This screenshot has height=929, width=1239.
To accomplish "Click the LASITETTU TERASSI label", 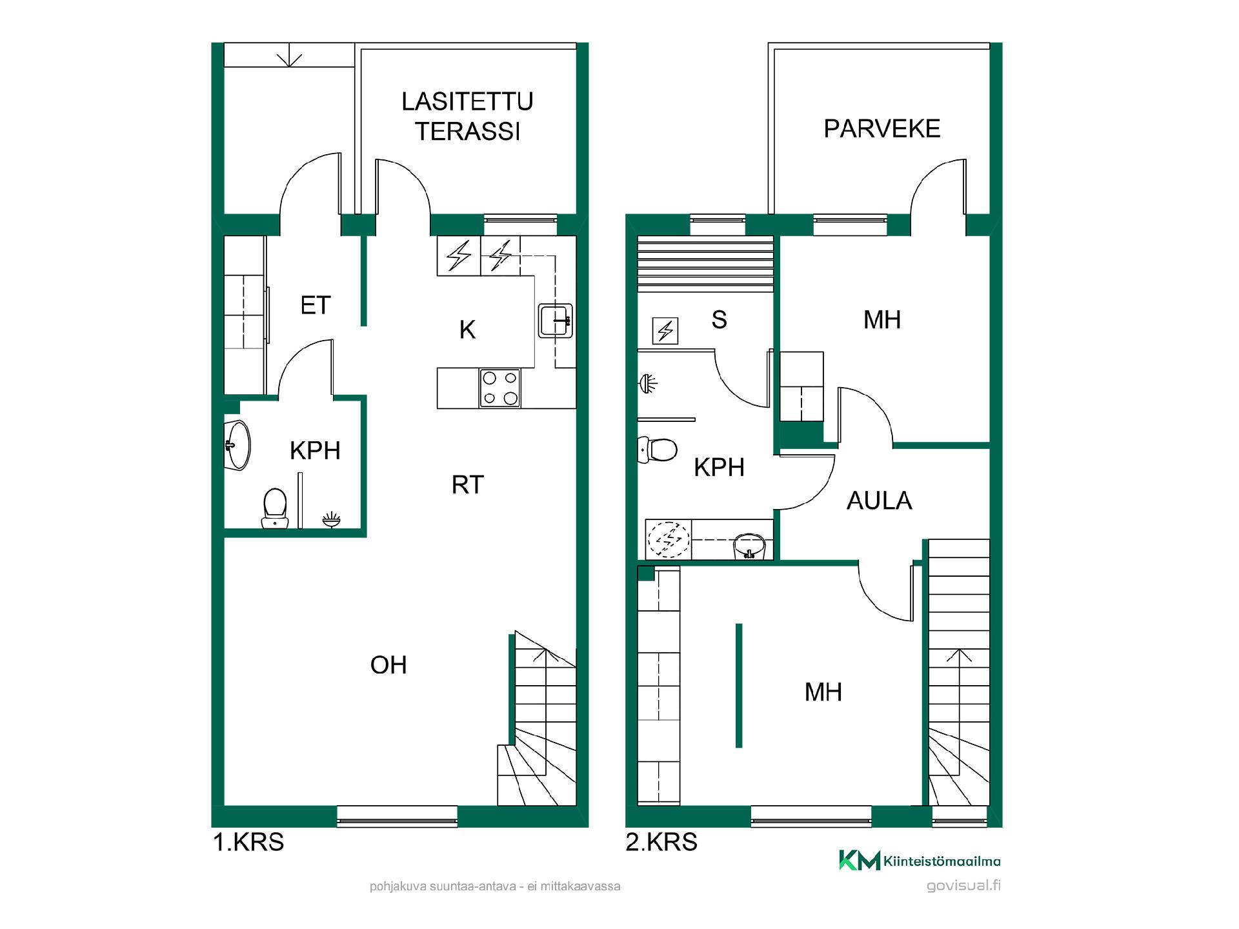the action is [x=467, y=116].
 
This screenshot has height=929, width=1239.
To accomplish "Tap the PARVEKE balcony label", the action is [x=882, y=129].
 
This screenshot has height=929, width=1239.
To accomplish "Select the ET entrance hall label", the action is [x=316, y=305].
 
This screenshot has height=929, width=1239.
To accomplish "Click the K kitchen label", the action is [x=467, y=330].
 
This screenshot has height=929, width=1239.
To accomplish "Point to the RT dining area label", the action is [x=468, y=484].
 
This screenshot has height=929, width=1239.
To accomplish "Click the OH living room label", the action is [x=388, y=665].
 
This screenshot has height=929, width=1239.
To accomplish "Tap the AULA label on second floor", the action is [x=880, y=501].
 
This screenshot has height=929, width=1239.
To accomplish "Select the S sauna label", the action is [x=719, y=320].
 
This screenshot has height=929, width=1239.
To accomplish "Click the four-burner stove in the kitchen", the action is [x=500, y=388].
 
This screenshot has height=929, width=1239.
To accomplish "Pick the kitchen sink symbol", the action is [x=555, y=320].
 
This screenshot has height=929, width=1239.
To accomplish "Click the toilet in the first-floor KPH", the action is [x=276, y=508].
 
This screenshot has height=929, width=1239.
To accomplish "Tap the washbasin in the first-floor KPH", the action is [x=237, y=445].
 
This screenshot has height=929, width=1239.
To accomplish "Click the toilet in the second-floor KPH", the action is [x=657, y=450].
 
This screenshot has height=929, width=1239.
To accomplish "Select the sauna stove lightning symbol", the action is [x=665, y=331].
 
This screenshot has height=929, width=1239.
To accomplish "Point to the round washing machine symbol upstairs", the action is [x=669, y=539].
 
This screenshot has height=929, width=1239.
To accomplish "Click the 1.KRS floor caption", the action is [x=248, y=843].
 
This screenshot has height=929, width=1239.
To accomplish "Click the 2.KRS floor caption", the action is [x=661, y=843].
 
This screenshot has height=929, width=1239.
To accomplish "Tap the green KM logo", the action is [x=860, y=861].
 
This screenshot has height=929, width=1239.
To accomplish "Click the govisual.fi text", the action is [x=963, y=886].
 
